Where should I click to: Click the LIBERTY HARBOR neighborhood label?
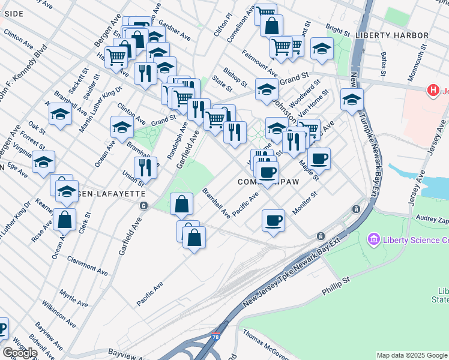click(x=392, y=36)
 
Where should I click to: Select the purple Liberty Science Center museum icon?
click(x=374, y=240)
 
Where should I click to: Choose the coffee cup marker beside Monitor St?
click(x=274, y=220)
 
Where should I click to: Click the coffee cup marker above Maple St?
click(x=319, y=158)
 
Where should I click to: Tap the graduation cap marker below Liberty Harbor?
click(x=352, y=99)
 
